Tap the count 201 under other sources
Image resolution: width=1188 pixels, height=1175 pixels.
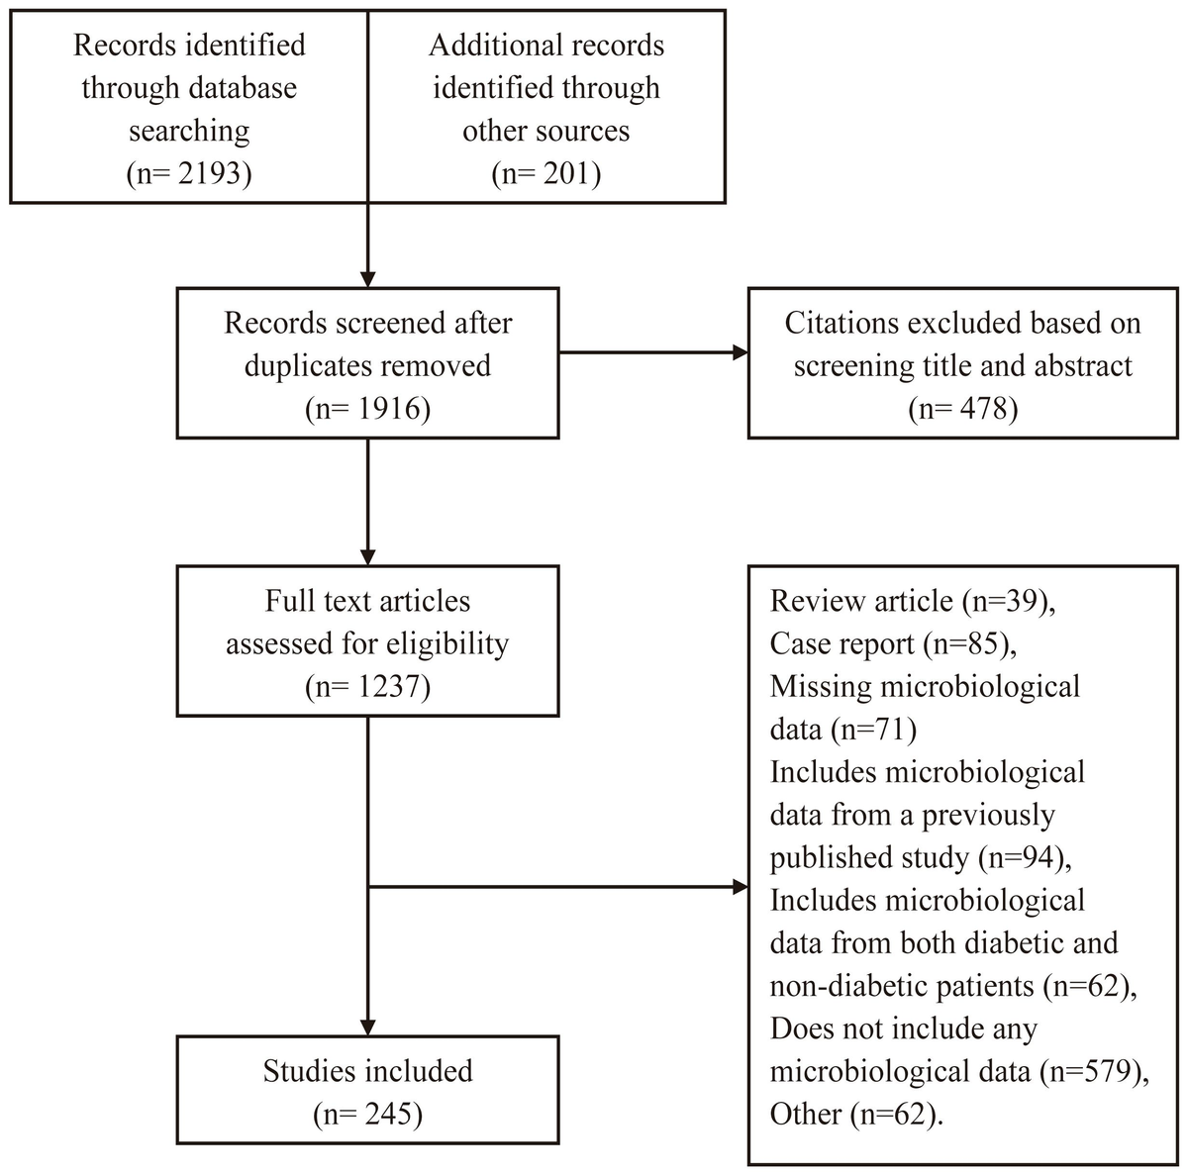pos(566,173)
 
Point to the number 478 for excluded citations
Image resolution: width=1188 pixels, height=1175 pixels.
pos(983,408)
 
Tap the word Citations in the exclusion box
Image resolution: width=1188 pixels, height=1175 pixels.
pos(837,323)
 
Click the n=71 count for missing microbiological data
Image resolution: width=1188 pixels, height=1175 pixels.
pos(874,730)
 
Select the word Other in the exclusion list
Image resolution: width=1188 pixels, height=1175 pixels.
pos(805,1114)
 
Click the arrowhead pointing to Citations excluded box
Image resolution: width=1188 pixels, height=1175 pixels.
pos(740,352)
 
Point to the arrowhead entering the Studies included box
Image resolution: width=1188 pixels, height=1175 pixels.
pos(368,1028)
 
